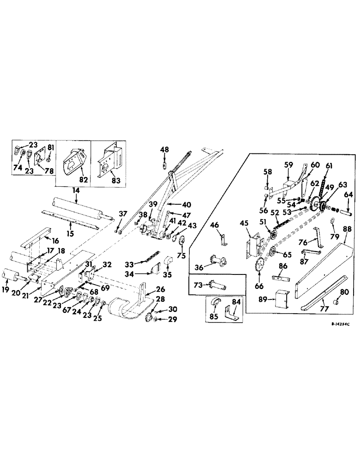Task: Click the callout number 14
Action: pos(75,190)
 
